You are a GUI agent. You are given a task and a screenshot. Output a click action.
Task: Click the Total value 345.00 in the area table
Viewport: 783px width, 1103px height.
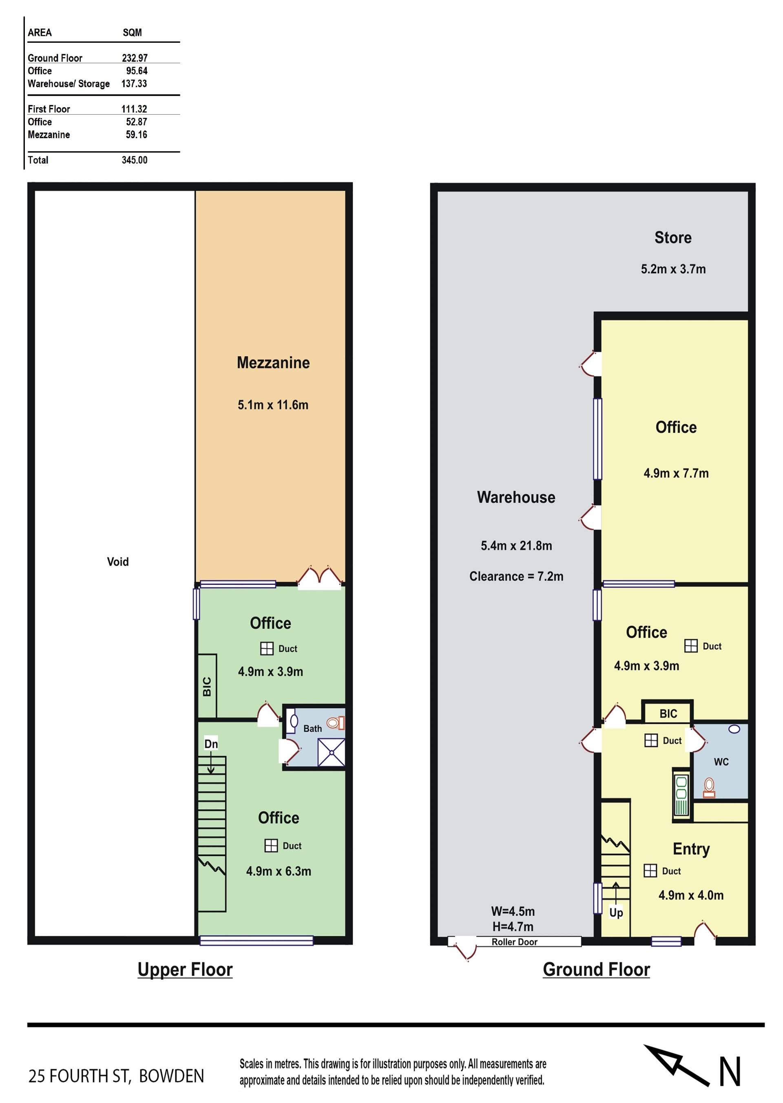[x=135, y=160]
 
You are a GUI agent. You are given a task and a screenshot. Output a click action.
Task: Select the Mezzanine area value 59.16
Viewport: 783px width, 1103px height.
[x=137, y=135]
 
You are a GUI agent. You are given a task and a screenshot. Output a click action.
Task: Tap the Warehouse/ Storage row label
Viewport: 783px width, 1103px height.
[x=69, y=84]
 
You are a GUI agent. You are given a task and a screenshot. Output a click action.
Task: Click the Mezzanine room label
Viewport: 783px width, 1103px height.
[x=273, y=363]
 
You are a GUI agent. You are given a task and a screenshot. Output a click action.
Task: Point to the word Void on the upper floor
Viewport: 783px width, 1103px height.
[x=117, y=561]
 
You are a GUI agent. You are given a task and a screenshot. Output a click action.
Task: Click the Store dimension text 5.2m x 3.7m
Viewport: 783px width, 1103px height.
[x=673, y=269]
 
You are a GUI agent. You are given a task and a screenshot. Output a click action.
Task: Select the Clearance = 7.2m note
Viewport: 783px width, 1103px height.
[x=516, y=576]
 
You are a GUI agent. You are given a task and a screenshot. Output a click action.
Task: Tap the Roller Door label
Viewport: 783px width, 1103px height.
[x=514, y=942]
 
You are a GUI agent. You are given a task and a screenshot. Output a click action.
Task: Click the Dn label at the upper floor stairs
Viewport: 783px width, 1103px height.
[x=211, y=744]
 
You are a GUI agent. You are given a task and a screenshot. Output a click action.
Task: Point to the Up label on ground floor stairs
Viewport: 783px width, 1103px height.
[x=616, y=913]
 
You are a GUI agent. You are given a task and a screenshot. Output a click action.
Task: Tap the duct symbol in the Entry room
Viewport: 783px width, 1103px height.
[x=650, y=870]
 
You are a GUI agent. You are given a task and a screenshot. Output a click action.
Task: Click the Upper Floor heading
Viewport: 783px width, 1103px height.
[x=185, y=970]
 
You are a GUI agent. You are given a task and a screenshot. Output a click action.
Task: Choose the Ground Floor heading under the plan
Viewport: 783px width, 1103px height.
[x=596, y=970]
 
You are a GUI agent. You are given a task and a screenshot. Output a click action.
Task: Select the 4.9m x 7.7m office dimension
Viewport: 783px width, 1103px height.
[x=676, y=473]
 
